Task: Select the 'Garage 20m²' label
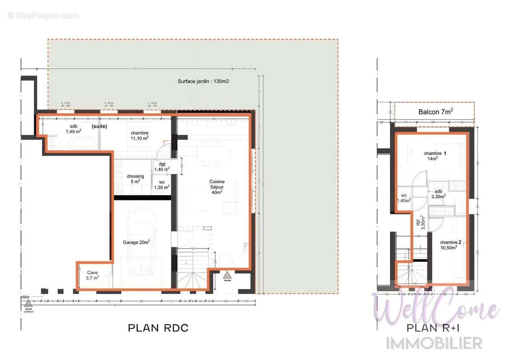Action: (136, 242)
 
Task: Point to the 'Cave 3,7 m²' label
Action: (92, 275)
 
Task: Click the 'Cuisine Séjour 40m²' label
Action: (216, 186)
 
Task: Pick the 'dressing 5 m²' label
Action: (135, 179)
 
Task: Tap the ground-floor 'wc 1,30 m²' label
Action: (161, 185)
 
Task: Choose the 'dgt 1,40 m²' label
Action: (161, 167)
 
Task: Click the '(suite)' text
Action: (99, 127)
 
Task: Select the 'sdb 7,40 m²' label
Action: (74, 129)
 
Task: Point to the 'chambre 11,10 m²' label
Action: (140, 135)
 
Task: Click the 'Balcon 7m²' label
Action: (436, 111)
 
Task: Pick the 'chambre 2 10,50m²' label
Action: (451, 245)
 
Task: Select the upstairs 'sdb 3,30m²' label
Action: (437, 194)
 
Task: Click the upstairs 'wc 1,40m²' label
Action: (404, 198)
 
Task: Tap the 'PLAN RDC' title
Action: (158, 328)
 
